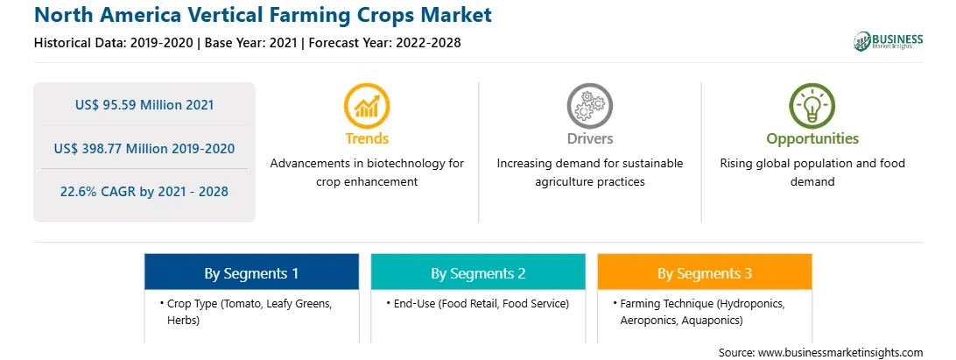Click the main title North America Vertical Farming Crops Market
263,15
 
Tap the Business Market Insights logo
888,41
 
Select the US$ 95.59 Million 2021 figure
144,105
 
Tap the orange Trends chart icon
367,106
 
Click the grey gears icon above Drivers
589,106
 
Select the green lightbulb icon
812,106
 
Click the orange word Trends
367,138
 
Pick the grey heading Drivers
589,138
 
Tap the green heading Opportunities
812,139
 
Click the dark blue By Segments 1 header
252,272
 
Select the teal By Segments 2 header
478,272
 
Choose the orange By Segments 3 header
705,272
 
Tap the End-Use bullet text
481,304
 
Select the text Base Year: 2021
251,43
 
